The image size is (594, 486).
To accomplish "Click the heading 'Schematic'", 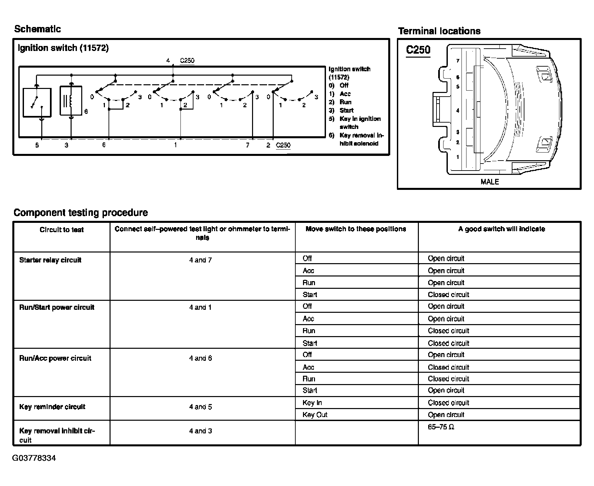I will click(x=37, y=29).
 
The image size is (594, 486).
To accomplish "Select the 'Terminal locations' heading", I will click(x=439, y=31).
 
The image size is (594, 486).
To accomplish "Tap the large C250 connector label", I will click(x=418, y=50).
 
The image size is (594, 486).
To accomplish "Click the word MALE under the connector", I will click(x=489, y=182).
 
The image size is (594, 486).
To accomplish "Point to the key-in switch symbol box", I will click(x=37, y=103).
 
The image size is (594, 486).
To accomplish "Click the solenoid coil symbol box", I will click(x=71, y=101).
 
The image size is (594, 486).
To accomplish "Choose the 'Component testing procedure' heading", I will click(x=81, y=213).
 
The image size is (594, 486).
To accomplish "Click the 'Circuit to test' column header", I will click(x=62, y=230).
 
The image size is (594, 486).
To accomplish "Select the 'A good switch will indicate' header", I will click(x=501, y=229).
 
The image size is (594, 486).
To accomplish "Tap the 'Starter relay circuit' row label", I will click(x=50, y=260).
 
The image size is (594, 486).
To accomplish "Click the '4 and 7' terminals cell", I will click(x=200, y=260).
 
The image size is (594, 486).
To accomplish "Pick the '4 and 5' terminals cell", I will click(x=200, y=407).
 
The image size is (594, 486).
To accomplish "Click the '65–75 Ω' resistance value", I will click(x=441, y=427).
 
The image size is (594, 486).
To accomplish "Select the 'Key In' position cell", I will click(x=312, y=403).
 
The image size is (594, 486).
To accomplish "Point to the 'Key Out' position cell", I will click(x=315, y=415).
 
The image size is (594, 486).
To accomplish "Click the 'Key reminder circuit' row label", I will click(x=52, y=407).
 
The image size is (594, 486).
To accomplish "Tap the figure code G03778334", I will click(x=34, y=458).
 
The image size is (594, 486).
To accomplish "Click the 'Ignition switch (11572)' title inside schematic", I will click(x=63, y=48).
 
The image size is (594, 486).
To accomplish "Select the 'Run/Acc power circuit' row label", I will click(x=55, y=358).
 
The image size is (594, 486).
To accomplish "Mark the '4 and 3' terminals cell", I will click(x=200, y=431).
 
